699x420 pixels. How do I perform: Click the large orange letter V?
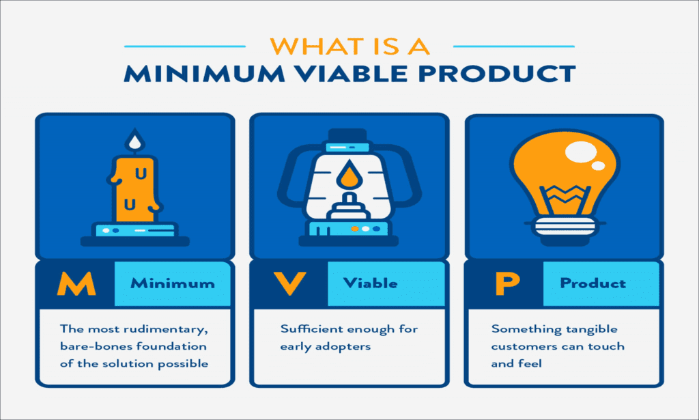(287, 284)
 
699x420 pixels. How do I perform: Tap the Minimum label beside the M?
(173, 283)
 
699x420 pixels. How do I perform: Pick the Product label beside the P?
(593, 283)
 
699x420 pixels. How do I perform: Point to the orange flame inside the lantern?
(349, 177)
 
